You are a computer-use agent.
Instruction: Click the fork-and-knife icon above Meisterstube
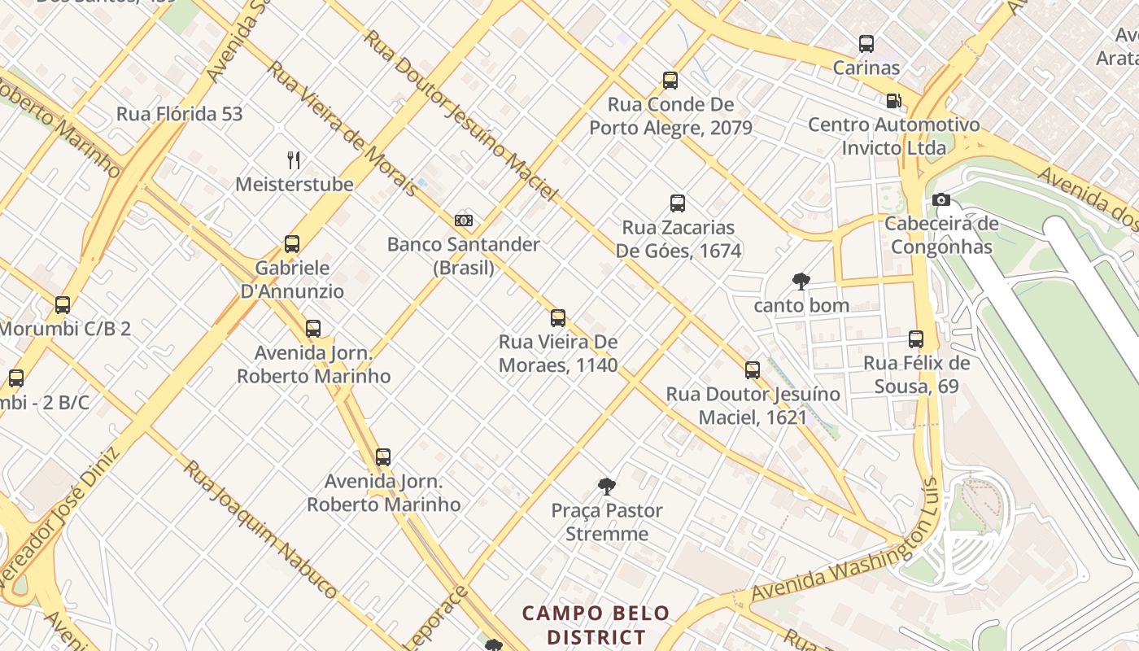294,159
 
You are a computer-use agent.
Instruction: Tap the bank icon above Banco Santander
464,220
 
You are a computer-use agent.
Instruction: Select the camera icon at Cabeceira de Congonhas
941,199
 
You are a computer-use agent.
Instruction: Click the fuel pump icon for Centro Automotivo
893,101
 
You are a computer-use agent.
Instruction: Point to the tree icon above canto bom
801,282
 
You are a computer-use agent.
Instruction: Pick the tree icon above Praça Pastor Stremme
606,487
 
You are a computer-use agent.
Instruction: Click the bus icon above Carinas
866,44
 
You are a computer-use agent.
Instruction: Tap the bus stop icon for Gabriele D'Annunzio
292,243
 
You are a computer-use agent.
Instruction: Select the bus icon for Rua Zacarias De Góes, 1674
678,203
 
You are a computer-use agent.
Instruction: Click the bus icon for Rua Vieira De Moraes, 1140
558,317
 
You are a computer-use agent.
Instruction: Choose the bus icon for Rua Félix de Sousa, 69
916,339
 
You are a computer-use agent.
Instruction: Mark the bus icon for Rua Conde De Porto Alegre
670,80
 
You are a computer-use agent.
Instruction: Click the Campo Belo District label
596,624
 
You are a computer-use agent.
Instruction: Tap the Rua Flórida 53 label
180,114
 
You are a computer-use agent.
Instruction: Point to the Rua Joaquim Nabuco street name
260,530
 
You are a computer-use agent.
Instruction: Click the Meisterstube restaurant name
295,184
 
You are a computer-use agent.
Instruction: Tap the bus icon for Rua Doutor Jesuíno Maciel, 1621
753,370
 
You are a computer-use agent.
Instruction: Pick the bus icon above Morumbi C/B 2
63,305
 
